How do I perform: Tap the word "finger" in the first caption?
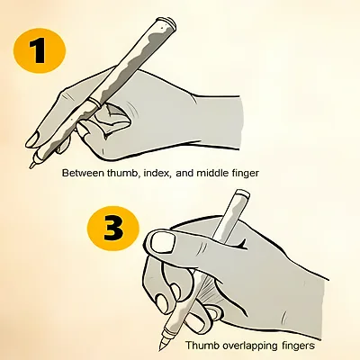[245, 174]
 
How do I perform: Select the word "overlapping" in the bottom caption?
[250, 346]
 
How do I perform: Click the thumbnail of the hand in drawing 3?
[163, 242]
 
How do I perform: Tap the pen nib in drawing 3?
[162, 346]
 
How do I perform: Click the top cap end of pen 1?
[167, 22]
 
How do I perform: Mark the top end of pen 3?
[243, 193]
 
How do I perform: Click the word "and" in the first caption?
[185, 173]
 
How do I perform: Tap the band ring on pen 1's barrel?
[94, 102]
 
